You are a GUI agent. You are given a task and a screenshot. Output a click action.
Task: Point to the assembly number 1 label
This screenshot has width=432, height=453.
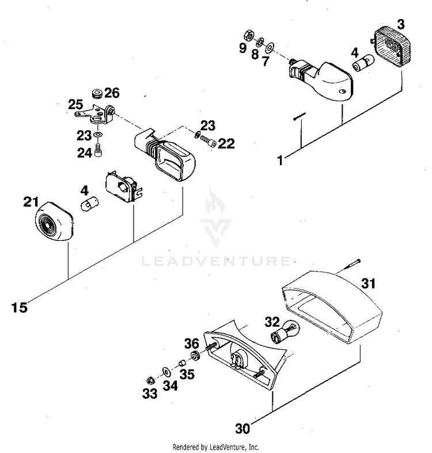280,161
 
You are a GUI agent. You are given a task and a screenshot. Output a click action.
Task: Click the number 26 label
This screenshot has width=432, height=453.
112,92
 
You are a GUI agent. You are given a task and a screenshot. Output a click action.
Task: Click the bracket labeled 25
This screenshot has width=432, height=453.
95,112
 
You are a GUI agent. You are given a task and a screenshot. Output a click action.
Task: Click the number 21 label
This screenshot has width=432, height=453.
31,202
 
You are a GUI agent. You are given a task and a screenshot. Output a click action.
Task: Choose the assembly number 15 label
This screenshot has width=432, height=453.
19,307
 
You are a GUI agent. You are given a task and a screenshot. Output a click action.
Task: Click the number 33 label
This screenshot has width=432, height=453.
150,395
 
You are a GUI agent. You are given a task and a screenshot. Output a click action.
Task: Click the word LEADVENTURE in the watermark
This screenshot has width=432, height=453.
216,262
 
